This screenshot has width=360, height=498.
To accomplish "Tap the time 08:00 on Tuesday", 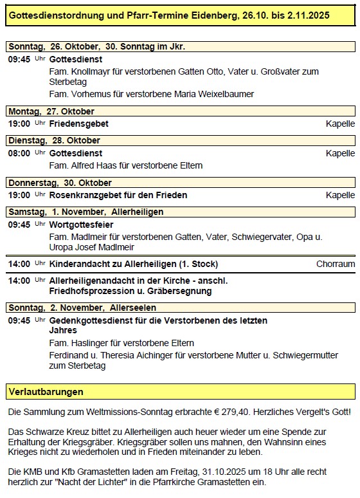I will (x=19, y=153).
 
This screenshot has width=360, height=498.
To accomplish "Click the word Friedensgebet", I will (x=78, y=124).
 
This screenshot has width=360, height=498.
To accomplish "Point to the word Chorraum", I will (x=335, y=264).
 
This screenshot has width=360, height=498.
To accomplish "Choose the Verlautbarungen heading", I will (x=45, y=391).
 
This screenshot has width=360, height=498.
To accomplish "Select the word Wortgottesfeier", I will (x=81, y=225).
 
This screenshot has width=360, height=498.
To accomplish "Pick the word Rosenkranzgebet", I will (x=87, y=195).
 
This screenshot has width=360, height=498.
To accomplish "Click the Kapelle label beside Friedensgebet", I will (x=340, y=124).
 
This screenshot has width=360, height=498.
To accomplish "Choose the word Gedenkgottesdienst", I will (x=93, y=320).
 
